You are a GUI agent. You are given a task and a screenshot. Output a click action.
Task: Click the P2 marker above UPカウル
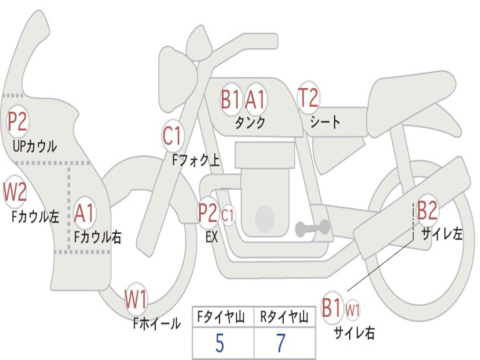[x=18, y=121]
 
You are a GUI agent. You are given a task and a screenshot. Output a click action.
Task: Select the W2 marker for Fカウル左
[x=15, y=191]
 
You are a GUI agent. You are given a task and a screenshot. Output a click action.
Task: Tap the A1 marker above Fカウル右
[x=85, y=213]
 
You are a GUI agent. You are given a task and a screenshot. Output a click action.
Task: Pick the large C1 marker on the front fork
[x=172, y=136]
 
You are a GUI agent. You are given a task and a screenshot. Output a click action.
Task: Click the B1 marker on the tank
[x=231, y=99]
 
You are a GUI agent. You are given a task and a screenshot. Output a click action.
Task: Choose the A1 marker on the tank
[x=255, y=99]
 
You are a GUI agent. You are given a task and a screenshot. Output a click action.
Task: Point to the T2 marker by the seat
[x=308, y=98]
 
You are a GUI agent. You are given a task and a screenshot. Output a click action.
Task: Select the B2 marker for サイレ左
[x=427, y=210]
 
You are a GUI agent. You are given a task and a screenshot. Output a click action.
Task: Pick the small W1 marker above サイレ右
[x=352, y=310]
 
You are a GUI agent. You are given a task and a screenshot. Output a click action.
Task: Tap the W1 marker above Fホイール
[x=136, y=300]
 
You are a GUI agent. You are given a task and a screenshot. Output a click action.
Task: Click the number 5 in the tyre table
[x=220, y=344]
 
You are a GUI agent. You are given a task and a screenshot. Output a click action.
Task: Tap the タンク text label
[x=250, y=123]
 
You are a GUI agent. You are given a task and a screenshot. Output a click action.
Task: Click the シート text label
[x=325, y=123]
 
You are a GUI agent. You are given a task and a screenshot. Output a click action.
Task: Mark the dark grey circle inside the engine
[x=264, y=218]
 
